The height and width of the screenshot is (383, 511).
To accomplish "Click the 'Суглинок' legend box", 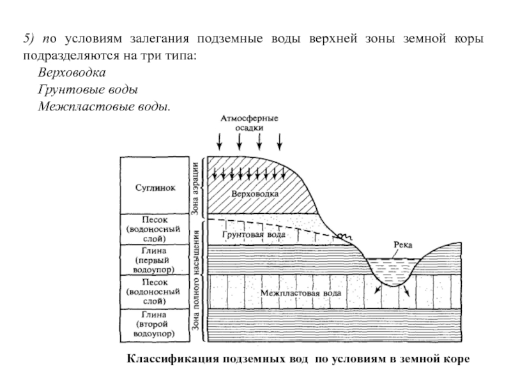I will (155, 188).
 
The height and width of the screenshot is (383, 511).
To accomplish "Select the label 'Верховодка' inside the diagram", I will (255, 192).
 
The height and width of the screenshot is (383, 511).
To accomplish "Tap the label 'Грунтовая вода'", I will (254, 234).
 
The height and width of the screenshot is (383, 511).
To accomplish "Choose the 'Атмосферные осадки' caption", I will (250, 123).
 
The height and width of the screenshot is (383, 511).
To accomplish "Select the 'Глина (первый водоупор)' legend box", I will (155, 260).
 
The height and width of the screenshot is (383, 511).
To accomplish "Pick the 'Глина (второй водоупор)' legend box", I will (155, 324).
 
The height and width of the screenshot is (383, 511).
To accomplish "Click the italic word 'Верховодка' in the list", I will (72, 73).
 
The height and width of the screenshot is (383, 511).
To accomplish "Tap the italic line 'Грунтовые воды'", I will (88, 89).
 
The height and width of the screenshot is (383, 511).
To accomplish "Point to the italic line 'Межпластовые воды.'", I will (105, 105).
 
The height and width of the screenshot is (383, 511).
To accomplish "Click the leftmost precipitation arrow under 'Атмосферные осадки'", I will (219, 139).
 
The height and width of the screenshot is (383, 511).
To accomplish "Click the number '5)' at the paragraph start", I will (32, 40).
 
